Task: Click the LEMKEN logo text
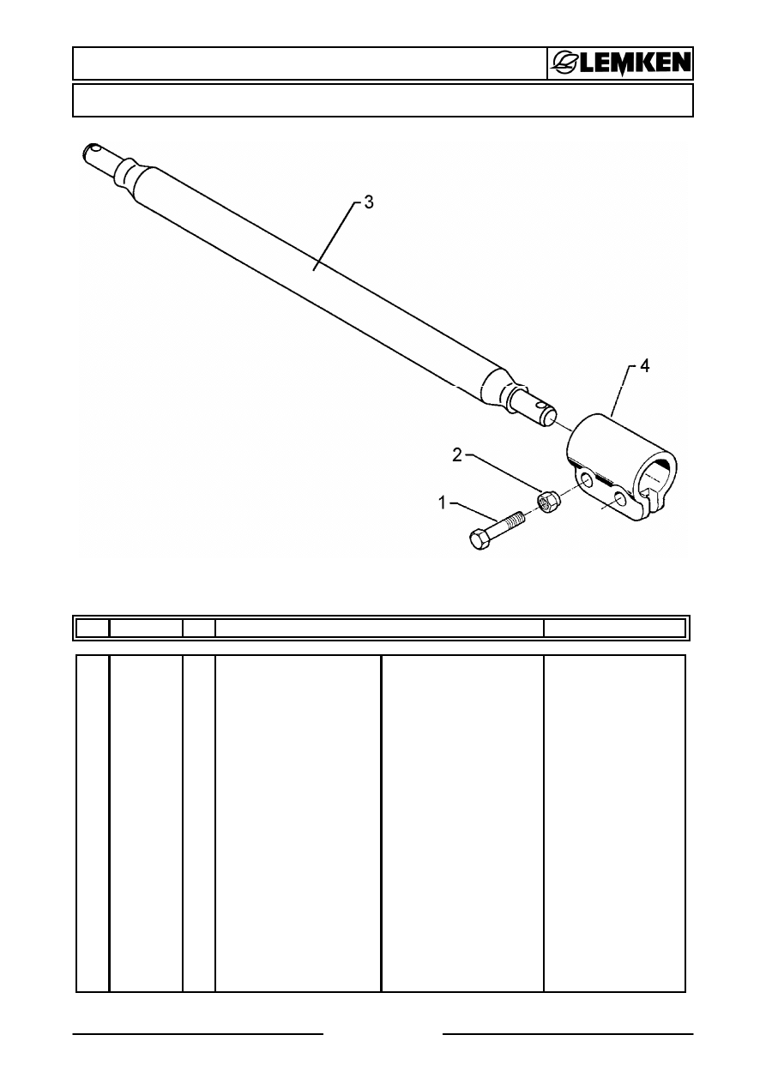pyautogui.click(x=635, y=63)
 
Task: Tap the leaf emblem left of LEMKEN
pyautogui.click(x=565, y=63)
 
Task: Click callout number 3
pyautogui.click(x=369, y=202)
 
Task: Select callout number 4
pyautogui.click(x=644, y=366)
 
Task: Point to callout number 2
pyautogui.click(x=457, y=455)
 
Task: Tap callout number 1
pyautogui.click(x=442, y=503)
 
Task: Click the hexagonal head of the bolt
pyautogui.click(x=480, y=539)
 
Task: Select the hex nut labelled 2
pyautogui.click(x=547, y=502)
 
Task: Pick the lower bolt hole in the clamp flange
pyautogui.click(x=619, y=499)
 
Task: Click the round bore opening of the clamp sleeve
pyautogui.click(x=660, y=478)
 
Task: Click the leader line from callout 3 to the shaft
pyautogui.click(x=335, y=237)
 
